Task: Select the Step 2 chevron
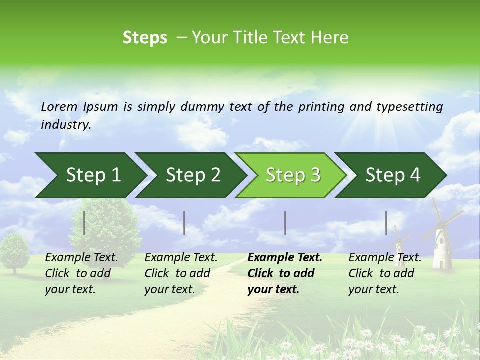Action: click(x=192, y=175)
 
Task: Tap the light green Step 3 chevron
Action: click(x=292, y=175)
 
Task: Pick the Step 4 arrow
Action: click(x=392, y=175)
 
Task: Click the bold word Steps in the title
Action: click(x=145, y=38)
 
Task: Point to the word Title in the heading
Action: click(x=246, y=38)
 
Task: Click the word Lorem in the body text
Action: click(x=59, y=106)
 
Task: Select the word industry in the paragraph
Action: click(x=65, y=124)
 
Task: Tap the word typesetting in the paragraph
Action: click(x=409, y=107)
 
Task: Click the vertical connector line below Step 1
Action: click(x=84, y=223)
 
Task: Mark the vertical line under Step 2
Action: click(x=184, y=223)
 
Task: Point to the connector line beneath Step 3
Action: click(x=285, y=223)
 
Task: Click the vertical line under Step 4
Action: click(x=386, y=223)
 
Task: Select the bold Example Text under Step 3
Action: click(x=284, y=258)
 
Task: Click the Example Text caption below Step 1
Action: click(x=81, y=258)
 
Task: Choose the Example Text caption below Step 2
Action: click(x=181, y=258)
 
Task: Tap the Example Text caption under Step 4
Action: click(x=385, y=258)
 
